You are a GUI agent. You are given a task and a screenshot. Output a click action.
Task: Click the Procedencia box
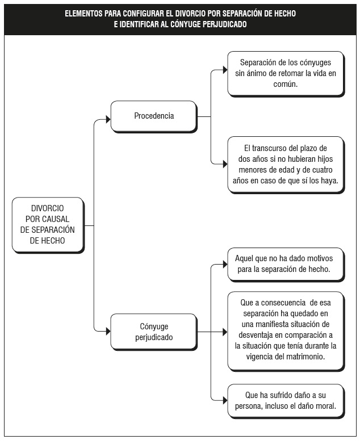point(154,116)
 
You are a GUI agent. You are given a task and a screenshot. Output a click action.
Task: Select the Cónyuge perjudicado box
point(154,332)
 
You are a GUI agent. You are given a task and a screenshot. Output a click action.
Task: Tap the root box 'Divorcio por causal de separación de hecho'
point(48,225)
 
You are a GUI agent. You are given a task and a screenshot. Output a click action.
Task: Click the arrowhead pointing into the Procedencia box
point(108,119)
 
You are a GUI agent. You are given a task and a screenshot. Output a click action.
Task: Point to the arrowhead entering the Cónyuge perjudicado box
point(108,331)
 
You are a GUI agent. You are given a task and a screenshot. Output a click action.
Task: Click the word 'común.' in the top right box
point(286,84)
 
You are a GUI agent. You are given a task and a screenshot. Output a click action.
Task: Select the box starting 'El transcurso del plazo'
point(286,165)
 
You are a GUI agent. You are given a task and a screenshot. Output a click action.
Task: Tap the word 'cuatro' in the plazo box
point(321,170)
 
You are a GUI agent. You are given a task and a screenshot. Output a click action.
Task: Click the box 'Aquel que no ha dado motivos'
point(286,265)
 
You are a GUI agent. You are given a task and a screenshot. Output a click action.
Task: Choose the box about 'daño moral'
point(286,401)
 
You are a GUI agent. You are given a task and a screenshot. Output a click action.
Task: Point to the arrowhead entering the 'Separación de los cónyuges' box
point(225,70)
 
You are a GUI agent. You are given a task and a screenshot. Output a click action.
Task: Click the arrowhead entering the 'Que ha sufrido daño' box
point(225,400)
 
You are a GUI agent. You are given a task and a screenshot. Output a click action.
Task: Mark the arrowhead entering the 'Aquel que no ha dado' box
point(225,265)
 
